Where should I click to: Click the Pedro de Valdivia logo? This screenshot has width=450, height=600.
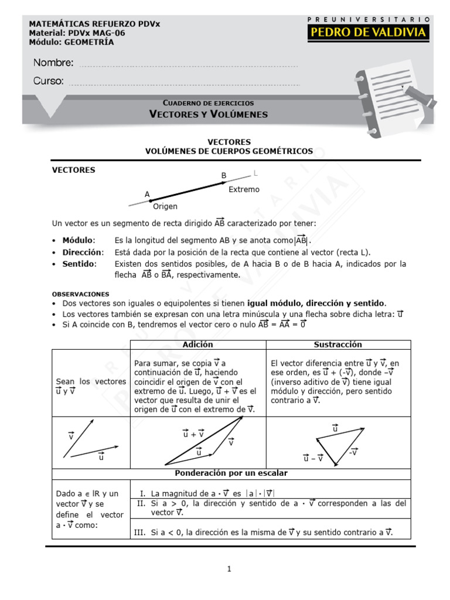point(368,29)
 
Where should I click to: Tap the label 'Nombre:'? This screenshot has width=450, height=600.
point(53,63)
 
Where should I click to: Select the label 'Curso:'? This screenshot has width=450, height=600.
point(49,81)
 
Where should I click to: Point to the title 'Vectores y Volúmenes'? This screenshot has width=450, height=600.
point(208,114)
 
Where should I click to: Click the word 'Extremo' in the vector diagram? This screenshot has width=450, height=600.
point(244,189)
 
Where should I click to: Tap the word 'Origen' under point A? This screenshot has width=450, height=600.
point(165,206)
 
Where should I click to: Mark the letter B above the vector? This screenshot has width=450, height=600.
point(223,175)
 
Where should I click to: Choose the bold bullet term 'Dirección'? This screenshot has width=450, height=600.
point(83,252)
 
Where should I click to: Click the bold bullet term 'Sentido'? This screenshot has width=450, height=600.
point(79,264)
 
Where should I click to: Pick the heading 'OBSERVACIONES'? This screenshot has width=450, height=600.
point(80,294)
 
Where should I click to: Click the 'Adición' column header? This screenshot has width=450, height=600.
point(198,345)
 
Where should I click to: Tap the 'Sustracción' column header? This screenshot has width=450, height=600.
point(337,345)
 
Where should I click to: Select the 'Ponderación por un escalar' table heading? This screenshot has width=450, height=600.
point(231,472)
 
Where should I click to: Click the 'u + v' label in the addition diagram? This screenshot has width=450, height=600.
point(193,434)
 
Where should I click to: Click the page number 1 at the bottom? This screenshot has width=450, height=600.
point(230,568)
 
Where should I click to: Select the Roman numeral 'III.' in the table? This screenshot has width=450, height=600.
point(141,532)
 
